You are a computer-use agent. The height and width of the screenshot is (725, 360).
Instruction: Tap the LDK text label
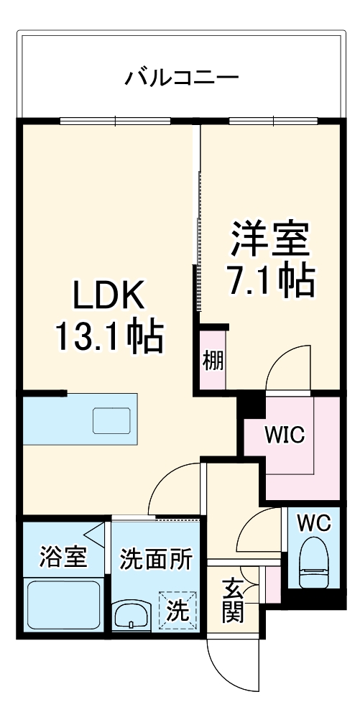(111, 294)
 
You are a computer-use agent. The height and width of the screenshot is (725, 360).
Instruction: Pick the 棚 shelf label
(213, 360)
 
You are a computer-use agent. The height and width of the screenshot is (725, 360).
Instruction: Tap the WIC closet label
(285, 435)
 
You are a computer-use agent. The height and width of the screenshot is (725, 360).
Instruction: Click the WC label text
(314, 523)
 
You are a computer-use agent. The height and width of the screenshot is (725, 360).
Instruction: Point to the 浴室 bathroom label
(63, 558)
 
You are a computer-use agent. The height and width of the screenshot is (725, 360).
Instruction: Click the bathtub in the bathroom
(63, 605)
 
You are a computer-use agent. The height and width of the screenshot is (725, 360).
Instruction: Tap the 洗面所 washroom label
(156, 559)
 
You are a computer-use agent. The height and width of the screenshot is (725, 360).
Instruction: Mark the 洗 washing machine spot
(177, 611)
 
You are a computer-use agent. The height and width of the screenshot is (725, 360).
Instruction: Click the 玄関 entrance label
(232, 602)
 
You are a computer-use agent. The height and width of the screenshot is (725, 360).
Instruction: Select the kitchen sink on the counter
(111, 420)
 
